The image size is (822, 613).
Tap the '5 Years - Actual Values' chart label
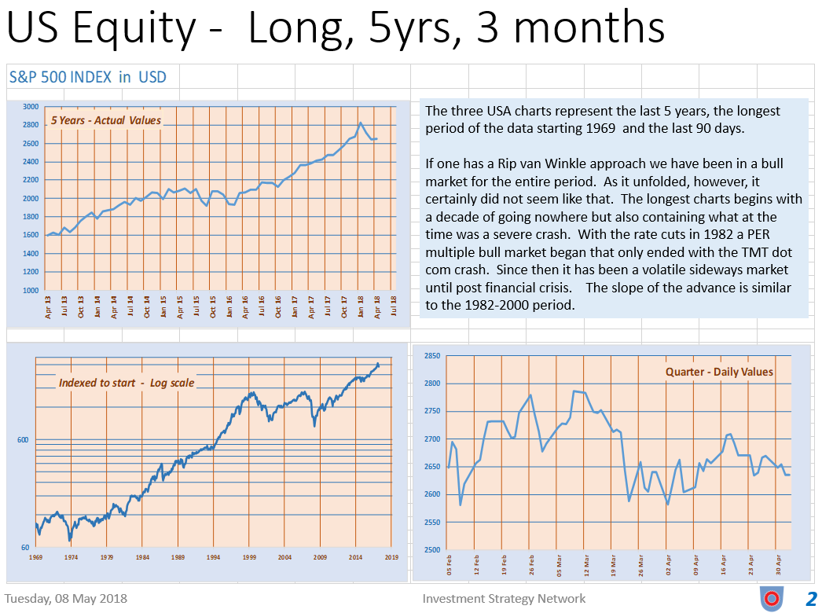[x=106, y=120]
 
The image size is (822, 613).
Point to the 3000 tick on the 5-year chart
[x=30, y=107]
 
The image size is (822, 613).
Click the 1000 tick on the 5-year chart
[x=30, y=291]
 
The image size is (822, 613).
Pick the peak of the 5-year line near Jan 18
[x=360, y=123]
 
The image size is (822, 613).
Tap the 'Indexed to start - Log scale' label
[x=127, y=383]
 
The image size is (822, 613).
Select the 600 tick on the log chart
[x=23, y=440]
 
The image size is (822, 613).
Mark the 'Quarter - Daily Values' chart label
[x=719, y=372]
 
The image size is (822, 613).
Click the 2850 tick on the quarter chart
[x=431, y=356]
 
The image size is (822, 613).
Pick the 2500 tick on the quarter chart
[x=431, y=550]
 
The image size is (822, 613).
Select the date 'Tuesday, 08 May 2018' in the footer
[x=66, y=598]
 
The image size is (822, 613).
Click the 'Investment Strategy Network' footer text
[x=504, y=598]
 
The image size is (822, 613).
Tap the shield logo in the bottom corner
[x=771, y=599]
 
